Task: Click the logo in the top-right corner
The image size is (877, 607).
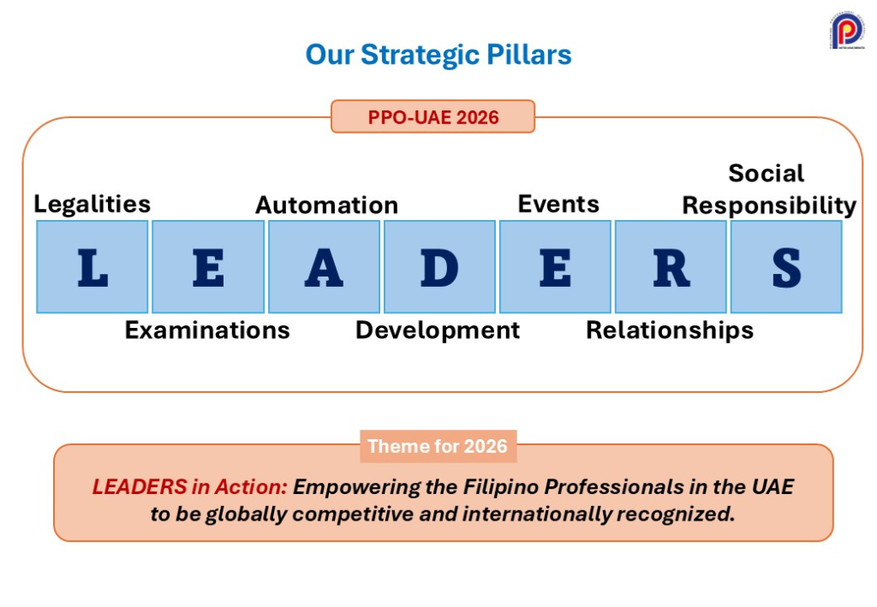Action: point(847,30)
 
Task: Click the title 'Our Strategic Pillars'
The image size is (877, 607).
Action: point(438,55)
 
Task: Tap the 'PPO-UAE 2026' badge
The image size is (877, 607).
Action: point(433,116)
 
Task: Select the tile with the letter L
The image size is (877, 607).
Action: point(92,266)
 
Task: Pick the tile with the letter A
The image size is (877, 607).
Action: point(324,266)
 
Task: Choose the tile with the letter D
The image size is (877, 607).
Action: point(439,266)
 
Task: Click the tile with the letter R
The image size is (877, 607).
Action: point(671,266)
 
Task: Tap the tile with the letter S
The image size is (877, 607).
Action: point(786,266)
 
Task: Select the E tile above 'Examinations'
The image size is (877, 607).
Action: point(208,266)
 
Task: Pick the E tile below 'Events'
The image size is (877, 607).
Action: point(555,266)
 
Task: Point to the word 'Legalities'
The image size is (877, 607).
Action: point(92,205)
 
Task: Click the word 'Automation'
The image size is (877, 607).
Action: point(326,205)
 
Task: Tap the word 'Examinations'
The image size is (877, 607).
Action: point(207,330)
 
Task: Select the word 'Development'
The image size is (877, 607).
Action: point(438,331)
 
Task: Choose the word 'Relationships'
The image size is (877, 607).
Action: point(670,331)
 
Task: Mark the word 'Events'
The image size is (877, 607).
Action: point(558,204)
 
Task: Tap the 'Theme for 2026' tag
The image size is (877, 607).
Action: point(438,446)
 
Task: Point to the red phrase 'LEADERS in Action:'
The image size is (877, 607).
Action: point(189,487)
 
